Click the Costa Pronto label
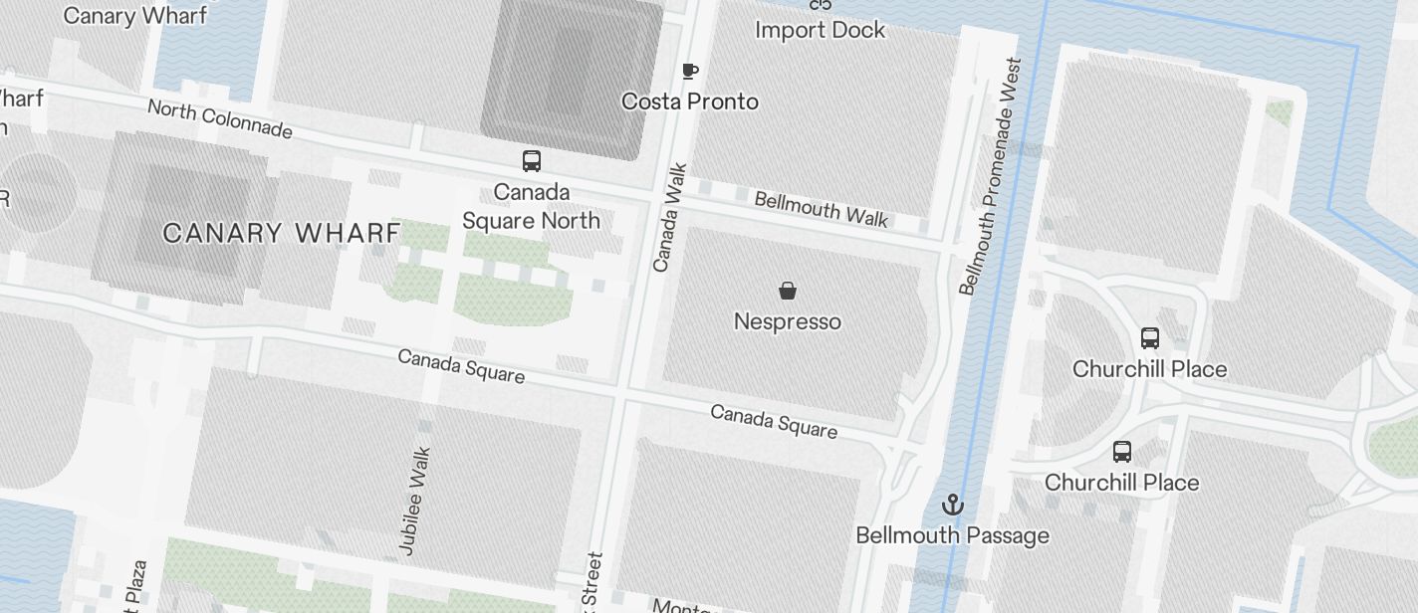pyautogui.click(x=689, y=102)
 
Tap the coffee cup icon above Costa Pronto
pyautogui.click(x=689, y=71)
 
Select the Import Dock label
pyautogui.click(x=820, y=30)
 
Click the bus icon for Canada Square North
pyautogui.click(x=532, y=160)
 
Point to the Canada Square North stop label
pyautogui.click(x=531, y=206)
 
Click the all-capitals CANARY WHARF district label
pyautogui.click(x=281, y=234)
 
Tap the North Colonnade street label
pyautogui.click(x=220, y=118)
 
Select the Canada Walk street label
pyautogui.click(x=669, y=218)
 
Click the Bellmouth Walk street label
pyautogui.click(x=821, y=209)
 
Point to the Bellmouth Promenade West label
pyautogui.click(x=990, y=176)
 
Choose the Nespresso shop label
pyautogui.click(x=787, y=321)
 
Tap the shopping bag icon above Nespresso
pyautogui.click(x=787, y=291)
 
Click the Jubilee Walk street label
pyautogui.click(x=414, y=500)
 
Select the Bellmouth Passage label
pyautogui.click(x=952, y=535)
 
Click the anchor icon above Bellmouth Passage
pyautogui.click(x=953, y=505)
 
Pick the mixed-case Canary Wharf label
pyautogui.click(x=135, y=15)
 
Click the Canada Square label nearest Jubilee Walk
pyautogui.click(x=461, y=365)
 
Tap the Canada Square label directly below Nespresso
pyautogui.click(x=774, y=421)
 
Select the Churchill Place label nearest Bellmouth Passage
pyautogui.click(x=1121, y=483)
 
